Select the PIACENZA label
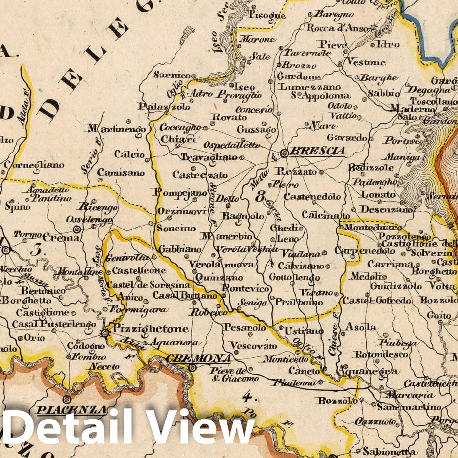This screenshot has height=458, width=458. click(72, 410)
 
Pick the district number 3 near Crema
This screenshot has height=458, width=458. click(36, 249)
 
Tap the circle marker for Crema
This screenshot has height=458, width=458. click(76, 229)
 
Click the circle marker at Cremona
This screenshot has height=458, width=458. click(193, 368)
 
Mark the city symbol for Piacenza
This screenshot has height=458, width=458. click(66, 399)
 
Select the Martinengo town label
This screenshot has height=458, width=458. click(116, 129)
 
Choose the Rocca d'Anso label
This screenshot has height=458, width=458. click(335, 28)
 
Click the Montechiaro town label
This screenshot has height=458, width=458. click(370, 228)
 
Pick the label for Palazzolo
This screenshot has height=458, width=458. click(157, 107)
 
